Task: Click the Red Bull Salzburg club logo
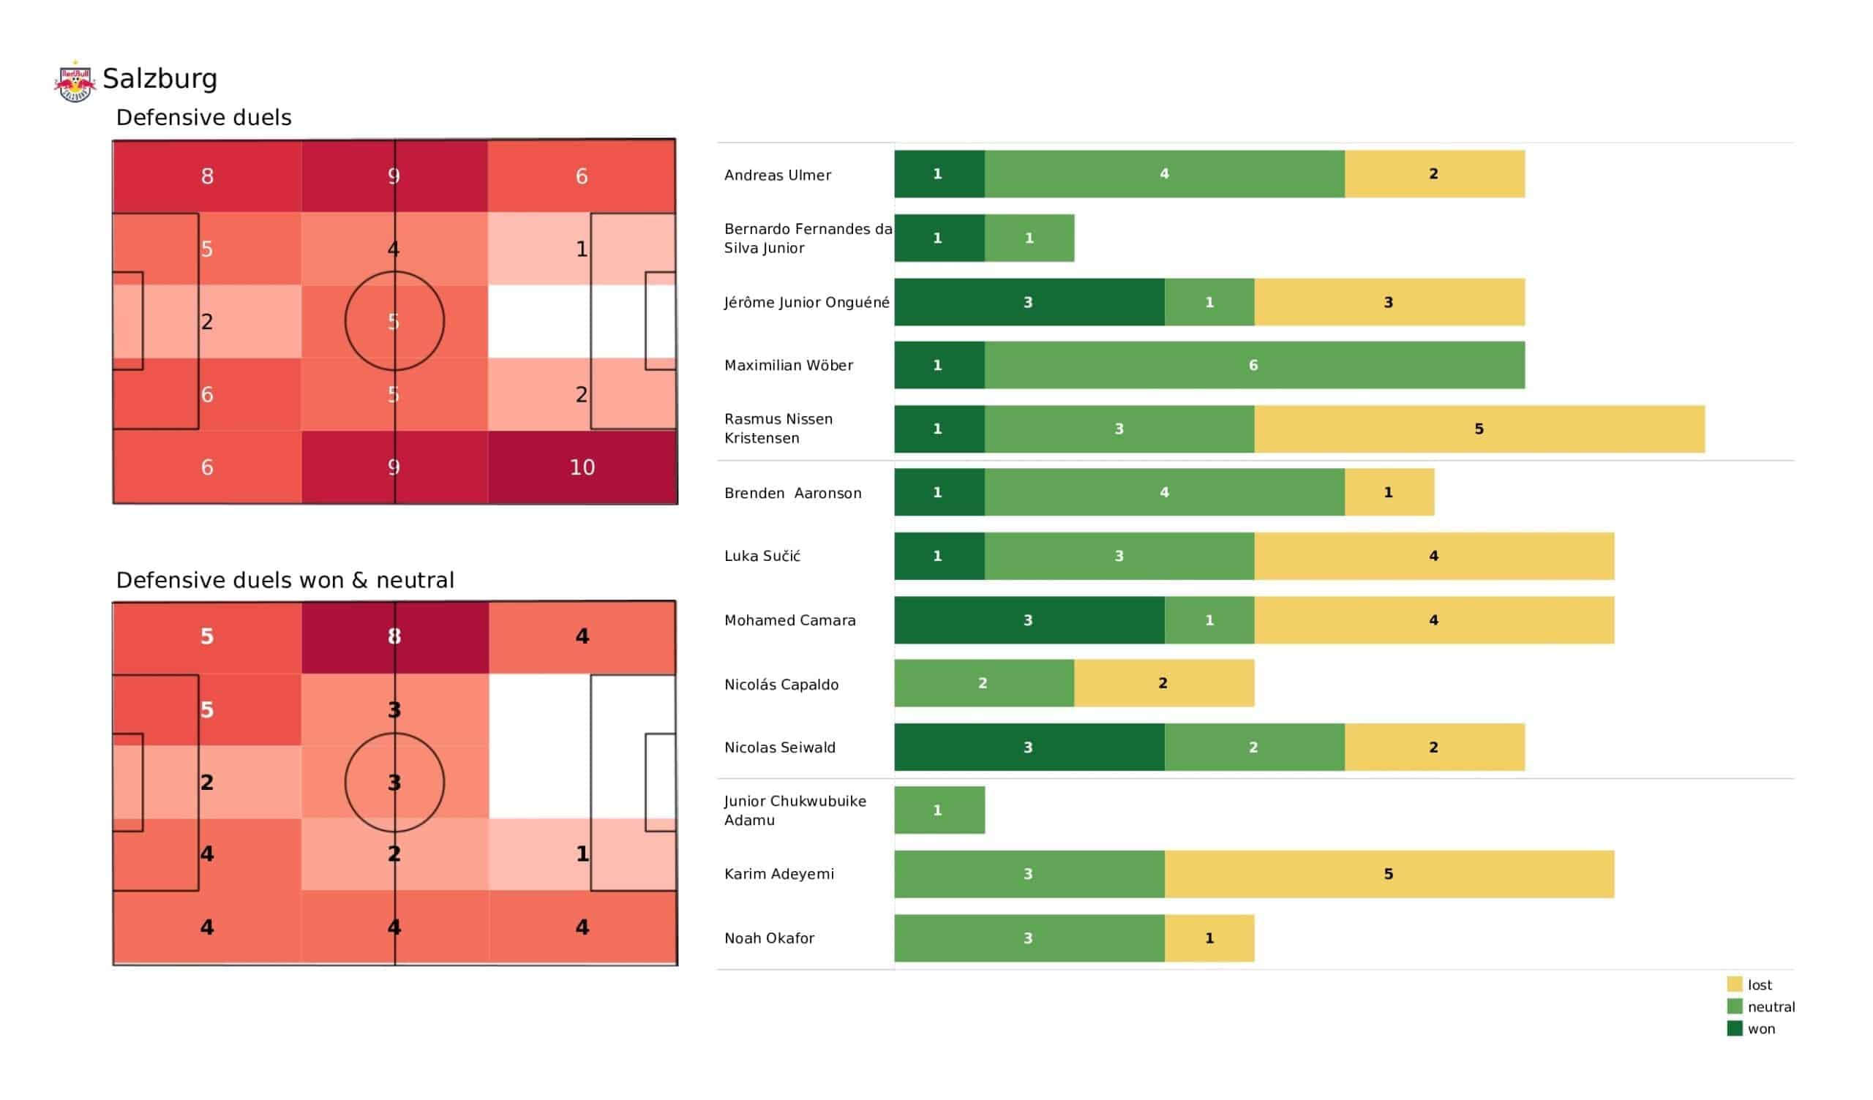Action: [x=75, y=81]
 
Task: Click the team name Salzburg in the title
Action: [x=159, y=79]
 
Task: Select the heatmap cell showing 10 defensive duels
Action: [x=582, y=467]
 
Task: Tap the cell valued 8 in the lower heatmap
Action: [x=394, y=637]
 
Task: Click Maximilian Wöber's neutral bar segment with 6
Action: [x=1254, y=365]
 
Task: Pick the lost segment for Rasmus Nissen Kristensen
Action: [x=1479, y=429]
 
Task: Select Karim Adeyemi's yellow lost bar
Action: [x=1389, y=874]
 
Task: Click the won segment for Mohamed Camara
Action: [x=1029, y=620]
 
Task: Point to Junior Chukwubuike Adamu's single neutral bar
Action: [x=939, y=810]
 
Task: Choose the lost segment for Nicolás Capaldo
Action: [x=1163, y=683]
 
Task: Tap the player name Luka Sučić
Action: [x=762, y=556]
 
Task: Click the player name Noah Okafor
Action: [x=769, y=938]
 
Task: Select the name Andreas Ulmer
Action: [x=778, y=175]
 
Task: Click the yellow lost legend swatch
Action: [x=1734, y=984]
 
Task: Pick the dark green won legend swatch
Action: [x=1734, y=1028]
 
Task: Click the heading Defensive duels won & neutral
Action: [x=285, y=580]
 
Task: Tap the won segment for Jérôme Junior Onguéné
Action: [x=1029, y=303]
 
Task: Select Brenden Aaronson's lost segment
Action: [x=1389, y=492]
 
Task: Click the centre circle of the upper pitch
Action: [x=394, y=321]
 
